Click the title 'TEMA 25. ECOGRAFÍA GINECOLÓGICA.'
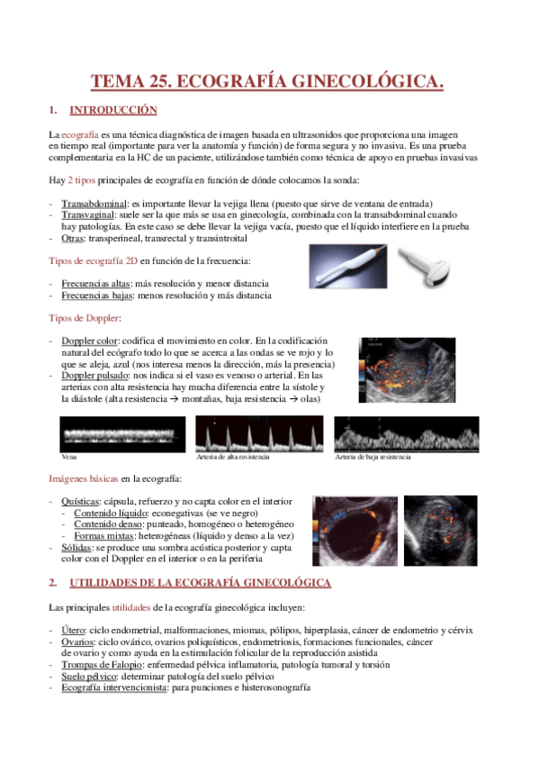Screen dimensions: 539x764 coord(267,81)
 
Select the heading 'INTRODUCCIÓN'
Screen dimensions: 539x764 coord(113,110)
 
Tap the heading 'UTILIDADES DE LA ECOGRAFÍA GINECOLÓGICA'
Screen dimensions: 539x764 coord(201,583)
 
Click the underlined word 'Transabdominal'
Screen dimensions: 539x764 coord(94,204)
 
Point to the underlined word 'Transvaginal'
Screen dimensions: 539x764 coord(88,214)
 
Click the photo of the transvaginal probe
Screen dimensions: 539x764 coord(348,267)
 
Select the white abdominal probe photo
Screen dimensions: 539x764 coord(424,268)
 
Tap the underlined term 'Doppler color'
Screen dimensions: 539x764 coord(89,341)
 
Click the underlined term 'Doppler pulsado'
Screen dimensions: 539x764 coord(94,376)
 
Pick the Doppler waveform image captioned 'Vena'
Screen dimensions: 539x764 coord(122,434)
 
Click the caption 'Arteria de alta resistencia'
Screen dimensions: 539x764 coord(233,457)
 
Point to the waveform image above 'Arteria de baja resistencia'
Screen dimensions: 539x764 coord(407,434)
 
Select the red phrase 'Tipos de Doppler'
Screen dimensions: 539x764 coord(84,318)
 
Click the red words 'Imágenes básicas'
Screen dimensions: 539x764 coord(83,479)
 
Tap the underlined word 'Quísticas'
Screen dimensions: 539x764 coord(80,501)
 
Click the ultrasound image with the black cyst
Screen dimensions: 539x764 coord(355,531)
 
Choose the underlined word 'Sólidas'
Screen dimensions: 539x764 coord(76,548)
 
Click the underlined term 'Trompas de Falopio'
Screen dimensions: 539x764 coord(102,665)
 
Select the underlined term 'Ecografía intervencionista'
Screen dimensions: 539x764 coord(114,687)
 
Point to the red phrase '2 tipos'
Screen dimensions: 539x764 coord(81,180)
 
